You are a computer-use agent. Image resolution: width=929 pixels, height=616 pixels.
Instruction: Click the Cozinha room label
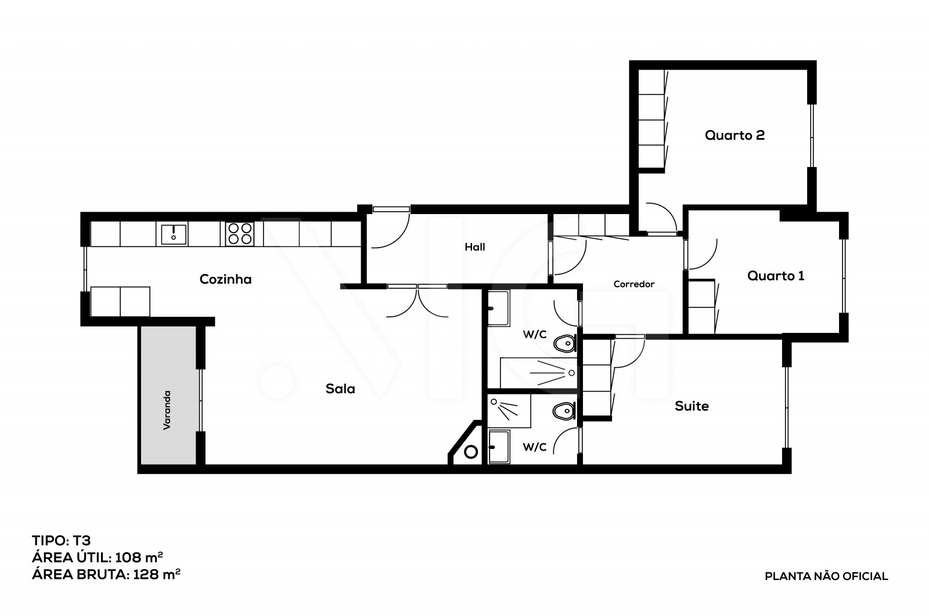(225, 280)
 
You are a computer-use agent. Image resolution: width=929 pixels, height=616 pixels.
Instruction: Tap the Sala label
(340, 389)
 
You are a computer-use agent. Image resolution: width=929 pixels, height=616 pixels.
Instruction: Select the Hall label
(474, 247)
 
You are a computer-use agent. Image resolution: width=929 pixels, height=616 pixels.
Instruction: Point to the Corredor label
(633, 284)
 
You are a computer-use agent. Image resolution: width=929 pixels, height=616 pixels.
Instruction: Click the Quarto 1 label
(776, 276)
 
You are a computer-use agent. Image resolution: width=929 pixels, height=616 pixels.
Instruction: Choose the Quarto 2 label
(734, 135)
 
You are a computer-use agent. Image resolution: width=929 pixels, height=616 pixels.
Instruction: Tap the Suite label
(692, 406)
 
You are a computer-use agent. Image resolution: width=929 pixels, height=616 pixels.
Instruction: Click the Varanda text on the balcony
(167, 410)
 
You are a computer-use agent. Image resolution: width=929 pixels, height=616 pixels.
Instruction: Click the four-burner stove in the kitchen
(240, 234)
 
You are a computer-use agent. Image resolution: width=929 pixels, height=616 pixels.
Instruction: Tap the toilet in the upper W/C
(564, 345)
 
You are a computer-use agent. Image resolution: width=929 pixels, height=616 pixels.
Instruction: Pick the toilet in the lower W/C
(564, 412)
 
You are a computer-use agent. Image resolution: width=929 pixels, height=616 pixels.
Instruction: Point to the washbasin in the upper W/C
(498, 309)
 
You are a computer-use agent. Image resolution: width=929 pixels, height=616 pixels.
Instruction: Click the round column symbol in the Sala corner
(471, 451)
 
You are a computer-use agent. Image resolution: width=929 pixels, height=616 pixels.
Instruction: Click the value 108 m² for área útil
(139, 557)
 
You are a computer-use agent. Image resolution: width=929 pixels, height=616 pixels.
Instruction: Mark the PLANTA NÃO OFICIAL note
(826, 577)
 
